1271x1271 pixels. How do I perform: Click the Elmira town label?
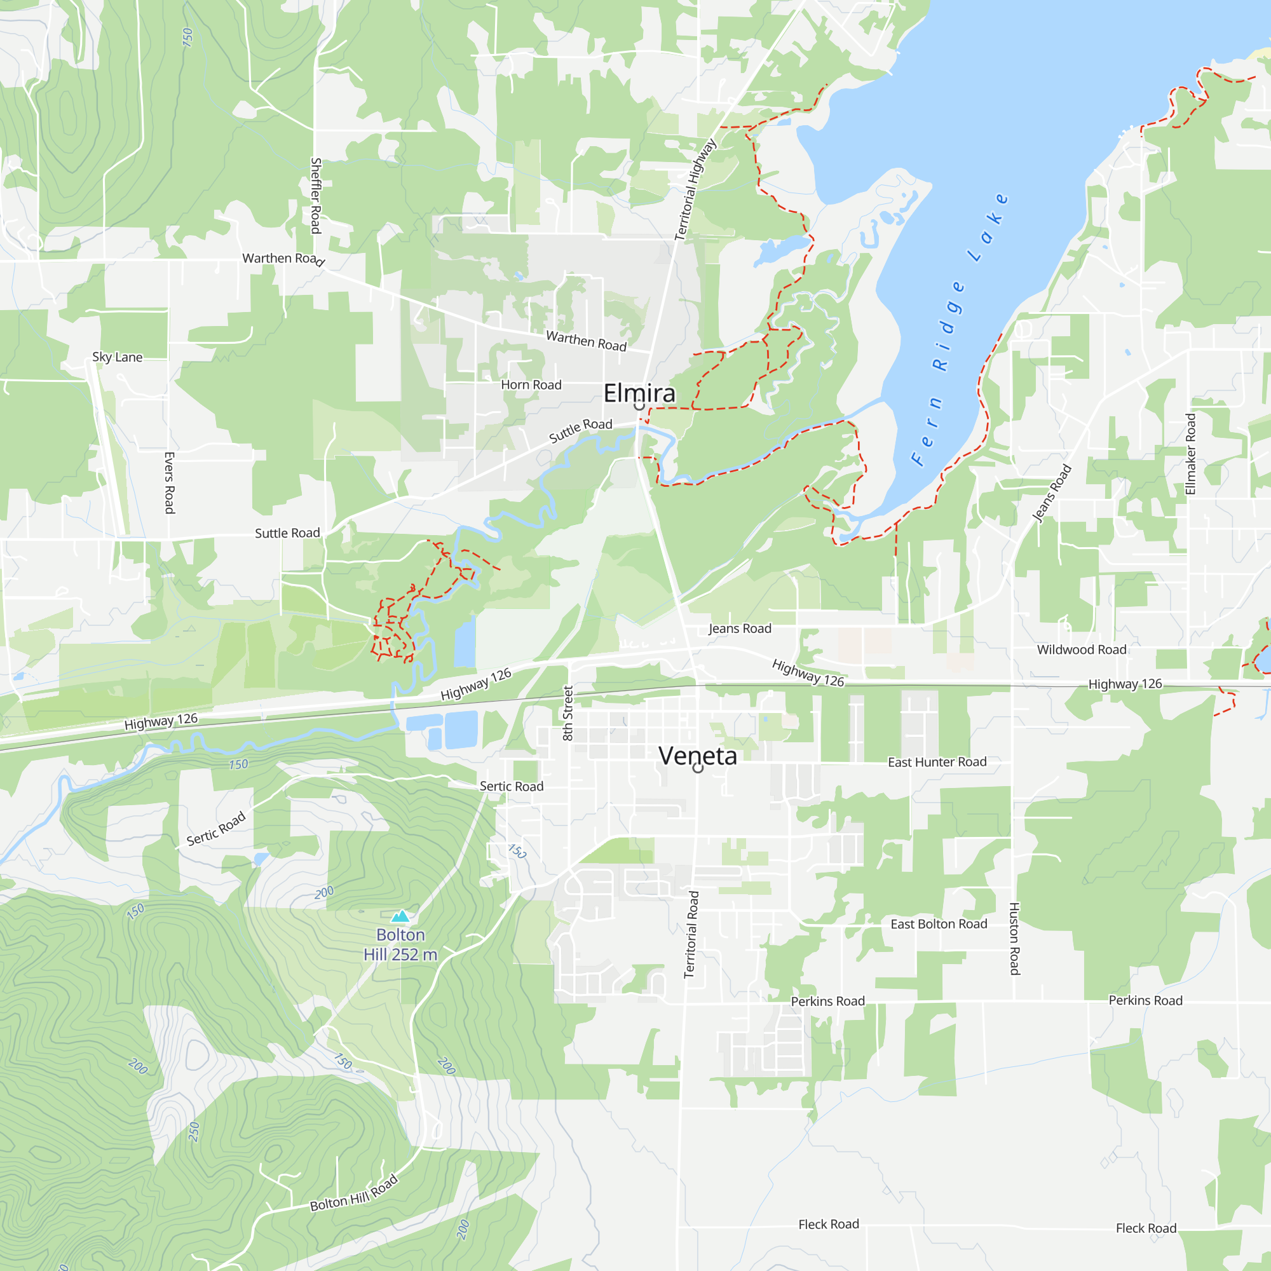pyautogui.click(x=639, y=393)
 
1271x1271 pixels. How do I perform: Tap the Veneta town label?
pyautogui.click(x=697, y=756)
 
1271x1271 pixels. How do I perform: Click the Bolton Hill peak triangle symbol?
pyautogui.click(x=400, y=916)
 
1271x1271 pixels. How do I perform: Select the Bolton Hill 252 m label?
pyautogui.click(x=400, y=945)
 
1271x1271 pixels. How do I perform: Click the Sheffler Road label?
pyautogui.click(x=316, y=195)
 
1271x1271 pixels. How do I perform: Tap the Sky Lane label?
pyautogui.click(x=117, y=357)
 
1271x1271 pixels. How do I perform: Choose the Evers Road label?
pyautogui.click(x=169, y=483)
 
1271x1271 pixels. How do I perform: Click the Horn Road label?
pyautogui.click(x=531, y=385)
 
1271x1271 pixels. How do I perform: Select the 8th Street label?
pyautogui.click(x=568, y=713)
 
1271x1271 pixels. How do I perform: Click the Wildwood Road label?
pyautogui.click(x=1082, y=650)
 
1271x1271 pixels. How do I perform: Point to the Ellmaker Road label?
pyautogui.click(x=1190, y=454)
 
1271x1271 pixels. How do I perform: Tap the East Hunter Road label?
pyautogui.click(x=937, y=762)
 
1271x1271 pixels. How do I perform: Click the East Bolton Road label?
pyautogui.click(x=939, y=923)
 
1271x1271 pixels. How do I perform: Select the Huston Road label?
pyautogui.click(x=1014, y=939)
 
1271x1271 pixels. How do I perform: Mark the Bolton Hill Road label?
pyautogui.click(x=354, y=1192)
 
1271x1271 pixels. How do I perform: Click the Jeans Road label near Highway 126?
pyautogui.click(x=740, y=629)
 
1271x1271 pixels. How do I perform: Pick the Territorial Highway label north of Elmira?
pyautogui.click(x=695, y=189)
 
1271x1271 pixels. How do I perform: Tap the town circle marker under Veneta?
pyautogui.click(x=698, y=768)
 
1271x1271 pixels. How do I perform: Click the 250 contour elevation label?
pyautogui.click(x=193, y=1132)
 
